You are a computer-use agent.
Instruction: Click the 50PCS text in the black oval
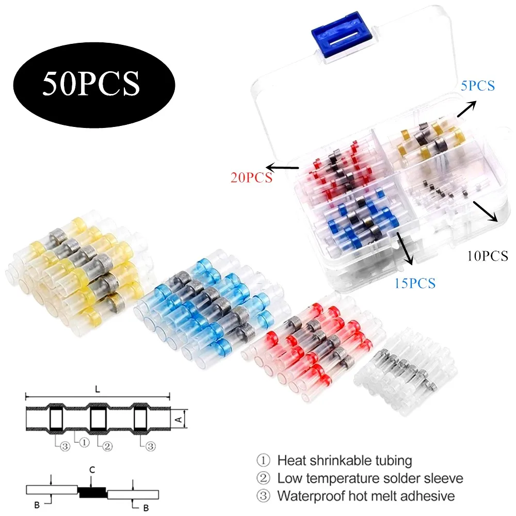point(91,82)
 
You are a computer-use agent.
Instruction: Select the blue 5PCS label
point(478,86)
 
